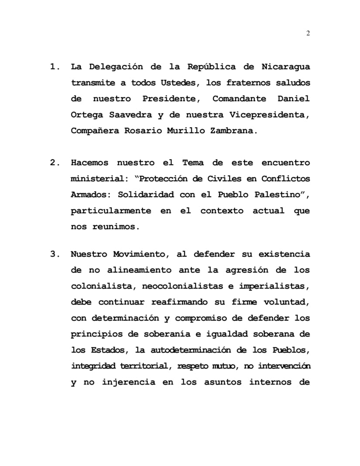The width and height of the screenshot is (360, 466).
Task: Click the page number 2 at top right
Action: point(308,34)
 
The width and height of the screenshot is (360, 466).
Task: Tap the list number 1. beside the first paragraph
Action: point(55,67)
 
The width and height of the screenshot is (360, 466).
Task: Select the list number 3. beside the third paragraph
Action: point(55,254)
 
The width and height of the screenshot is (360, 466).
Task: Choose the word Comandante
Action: point(239,99)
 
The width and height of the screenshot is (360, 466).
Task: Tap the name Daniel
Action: point(294,99)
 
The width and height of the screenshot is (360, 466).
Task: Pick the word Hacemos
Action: point(89,163)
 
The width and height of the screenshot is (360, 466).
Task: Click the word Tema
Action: point(190,163)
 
